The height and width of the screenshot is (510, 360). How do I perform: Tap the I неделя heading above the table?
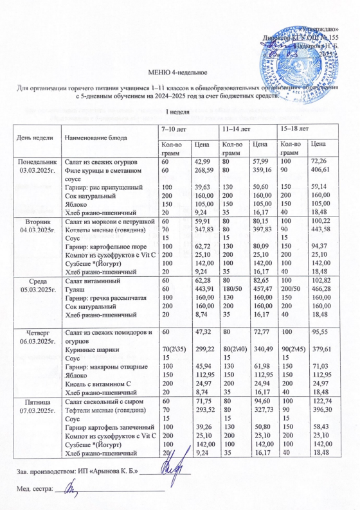180,112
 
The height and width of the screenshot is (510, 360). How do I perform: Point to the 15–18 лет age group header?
295,130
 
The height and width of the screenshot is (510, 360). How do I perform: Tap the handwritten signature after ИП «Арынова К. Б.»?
173,472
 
